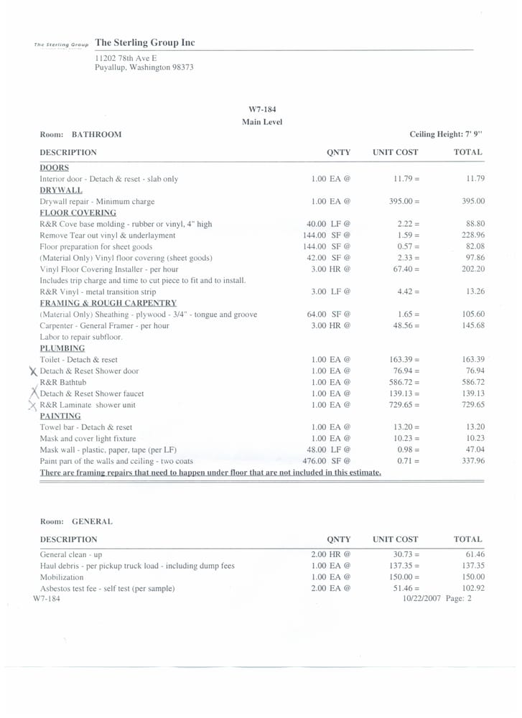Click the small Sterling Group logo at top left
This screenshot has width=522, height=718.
pyautogui.click(x=62, y=45)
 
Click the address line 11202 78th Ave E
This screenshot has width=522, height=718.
pyautogui.click(x=126, y=57)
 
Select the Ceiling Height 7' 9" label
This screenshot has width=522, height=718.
pyautogui.click(x=446, y=134)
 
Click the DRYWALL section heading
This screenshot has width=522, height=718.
pyautogui.click(x=60, y=190)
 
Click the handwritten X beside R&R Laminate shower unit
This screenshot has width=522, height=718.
pyautogui.click(x=32, y=406)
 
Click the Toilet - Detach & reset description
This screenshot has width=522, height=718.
pyautogui.click(x=78, y=360)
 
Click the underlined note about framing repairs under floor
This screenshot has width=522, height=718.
pyautogui.click(x=210, y=472)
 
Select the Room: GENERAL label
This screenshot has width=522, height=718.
pyautogui.click(x=75, y=521)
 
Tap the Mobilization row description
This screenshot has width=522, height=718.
pyautogui.click(x=61, y=577)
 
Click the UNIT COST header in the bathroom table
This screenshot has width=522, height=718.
pyautogui.click(x=395, y=152)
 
